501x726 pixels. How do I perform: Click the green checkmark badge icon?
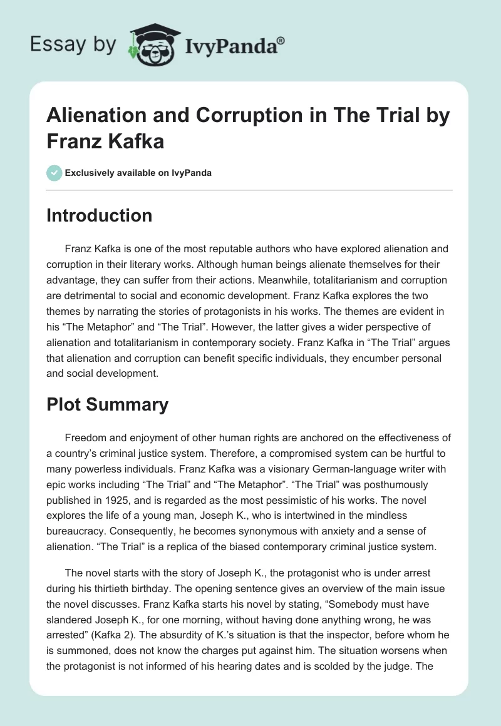click(x=54, y=173)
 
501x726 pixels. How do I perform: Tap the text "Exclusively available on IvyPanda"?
click(x=138, y=173)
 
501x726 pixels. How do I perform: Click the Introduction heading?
click(x=99, y=215)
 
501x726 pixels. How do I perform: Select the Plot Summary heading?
click(x=107, y=404)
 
